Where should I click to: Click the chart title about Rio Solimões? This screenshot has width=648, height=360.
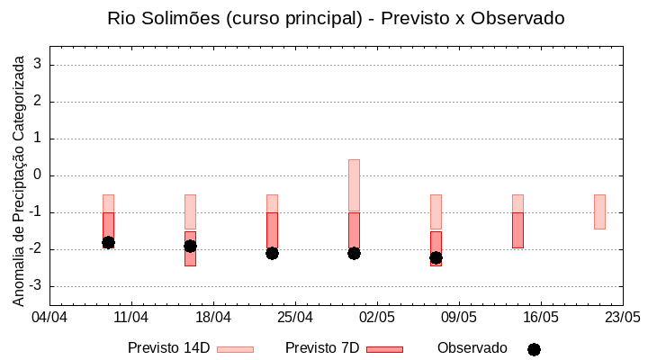(336, 18)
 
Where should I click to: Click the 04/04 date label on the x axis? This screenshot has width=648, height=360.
(49, 318)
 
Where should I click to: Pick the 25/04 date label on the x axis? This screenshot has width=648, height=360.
(295, 318)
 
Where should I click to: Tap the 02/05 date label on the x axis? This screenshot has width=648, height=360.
(377, 318)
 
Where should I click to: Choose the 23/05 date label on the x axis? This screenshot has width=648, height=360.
(623, 318)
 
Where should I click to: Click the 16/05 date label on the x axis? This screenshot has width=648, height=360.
(541, 318)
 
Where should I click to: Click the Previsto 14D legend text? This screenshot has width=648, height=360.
(168, 348)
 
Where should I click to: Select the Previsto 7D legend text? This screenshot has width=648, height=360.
(322, 348)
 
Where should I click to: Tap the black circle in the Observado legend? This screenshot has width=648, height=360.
(534, 349)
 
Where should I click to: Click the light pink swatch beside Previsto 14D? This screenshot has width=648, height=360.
(235, 349)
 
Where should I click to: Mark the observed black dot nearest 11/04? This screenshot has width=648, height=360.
(108, 242)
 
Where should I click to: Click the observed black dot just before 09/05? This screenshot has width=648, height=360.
(436, 257)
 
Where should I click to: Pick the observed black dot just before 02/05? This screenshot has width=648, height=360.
(354, 253)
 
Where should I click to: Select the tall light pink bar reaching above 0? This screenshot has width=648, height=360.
(354, 184)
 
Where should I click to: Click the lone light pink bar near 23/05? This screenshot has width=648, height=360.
(599, 211)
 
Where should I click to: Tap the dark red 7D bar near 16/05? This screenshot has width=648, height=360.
(517, 229)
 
